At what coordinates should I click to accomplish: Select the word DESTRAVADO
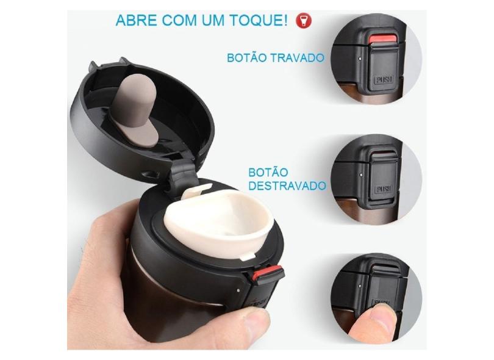[x=287, y=185]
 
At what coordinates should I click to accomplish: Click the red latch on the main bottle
[x=269, y=274]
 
